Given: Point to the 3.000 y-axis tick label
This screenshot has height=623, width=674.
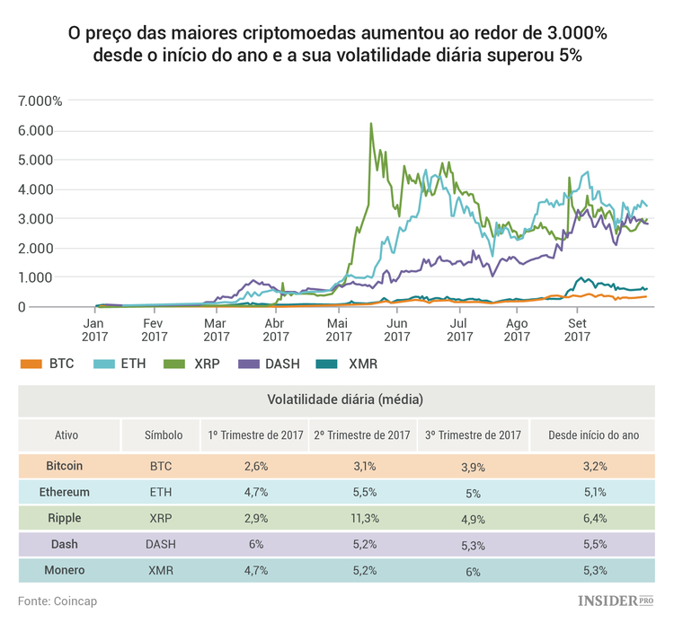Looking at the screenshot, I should click(x=36, y=218).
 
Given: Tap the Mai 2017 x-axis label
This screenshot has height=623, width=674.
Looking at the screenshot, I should click(x=337, y=329).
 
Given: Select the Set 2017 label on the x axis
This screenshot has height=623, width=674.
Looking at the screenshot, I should click(x=577, y=329).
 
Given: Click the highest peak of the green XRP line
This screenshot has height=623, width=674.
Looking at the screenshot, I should click(x=371, y=125).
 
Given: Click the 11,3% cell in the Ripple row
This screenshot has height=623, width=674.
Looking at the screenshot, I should click(x=361, y=518).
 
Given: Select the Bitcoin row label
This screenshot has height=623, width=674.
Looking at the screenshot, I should click(x=64, y=466).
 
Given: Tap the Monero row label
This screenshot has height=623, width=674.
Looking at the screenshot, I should click(x=64, y=570).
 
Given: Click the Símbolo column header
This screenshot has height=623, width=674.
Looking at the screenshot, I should click(x=164, y=434).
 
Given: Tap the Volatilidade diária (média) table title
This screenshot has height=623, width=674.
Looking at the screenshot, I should click(x=345, y=399).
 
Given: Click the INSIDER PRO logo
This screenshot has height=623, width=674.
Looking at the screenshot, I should click(x=614, y=601).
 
